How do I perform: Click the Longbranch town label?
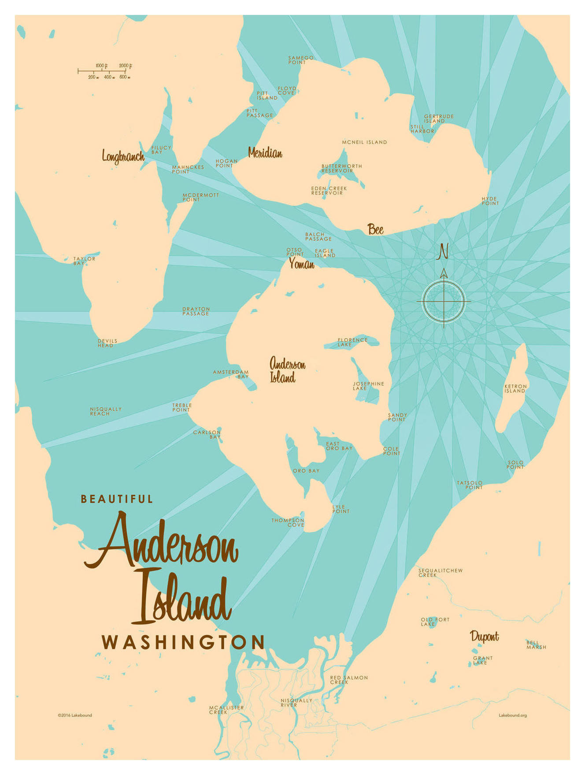pyautogui.click(x=123, y=156)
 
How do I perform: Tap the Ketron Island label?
pyautogui.click(x=515, y=388)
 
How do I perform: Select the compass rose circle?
pyautogui.click(x=444, y=301)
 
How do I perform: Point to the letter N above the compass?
pyautogui.click(x=443, y=252)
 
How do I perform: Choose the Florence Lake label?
pyautogui.click(x=352, y=342)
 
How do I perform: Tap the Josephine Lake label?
pyautogui.click(x=368, y=386)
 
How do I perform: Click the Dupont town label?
pyautogui.click(x=484, y=636)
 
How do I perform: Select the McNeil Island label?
pyautogui.click(x=364, y=142)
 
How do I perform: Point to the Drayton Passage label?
pyautogui.click(x=196, y=311)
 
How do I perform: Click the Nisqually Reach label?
pyautogui.click(x=106, y=411)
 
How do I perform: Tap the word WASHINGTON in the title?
pyautogui.click(x=183, y=642)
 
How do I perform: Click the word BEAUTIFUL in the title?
pyautogui.click(x=117, y=499)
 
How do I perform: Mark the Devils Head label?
pyautogui.click(x=107, y=343)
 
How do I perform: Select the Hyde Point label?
pyautogui.click(x=490, y=201)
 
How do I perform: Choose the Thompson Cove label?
pyautogui.click(x=288, y=522)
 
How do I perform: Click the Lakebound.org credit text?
pyautogui.click(x=512, y=715)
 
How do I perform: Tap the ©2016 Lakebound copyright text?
pyautogui.click(x=75, y=715)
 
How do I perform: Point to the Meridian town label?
pyautogui.click(x=265, y=153)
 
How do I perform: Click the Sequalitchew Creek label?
pyautogui.click(x=440, y=572)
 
